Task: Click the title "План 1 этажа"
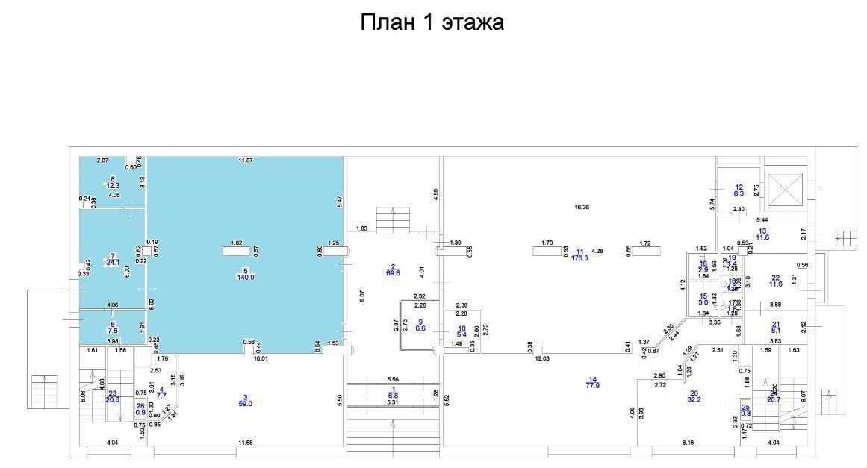coord(432,22)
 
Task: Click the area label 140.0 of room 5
coord(246,277)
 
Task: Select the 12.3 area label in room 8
coord(114,185)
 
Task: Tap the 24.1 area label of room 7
coord(113,262)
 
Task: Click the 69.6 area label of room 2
coord(393,274)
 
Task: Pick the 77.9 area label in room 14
coord(594,385)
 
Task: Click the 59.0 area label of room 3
coord(245,404)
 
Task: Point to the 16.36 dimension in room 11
coord(582,208)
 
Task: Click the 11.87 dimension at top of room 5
coord(246,160)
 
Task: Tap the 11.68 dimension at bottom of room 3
coord(246,444)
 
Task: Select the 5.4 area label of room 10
coord(461,334)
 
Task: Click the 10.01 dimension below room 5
coord(260,358)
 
